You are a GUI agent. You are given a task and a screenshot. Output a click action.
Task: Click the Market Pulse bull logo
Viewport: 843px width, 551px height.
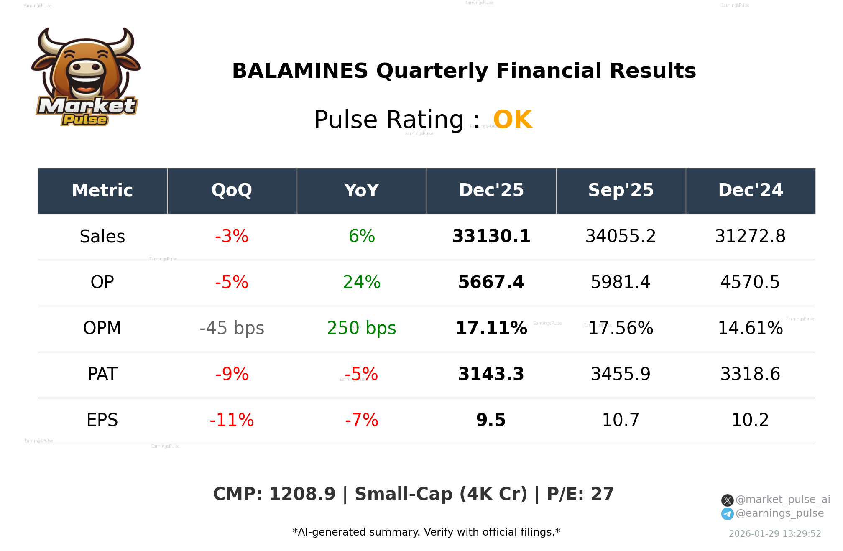point(86,77)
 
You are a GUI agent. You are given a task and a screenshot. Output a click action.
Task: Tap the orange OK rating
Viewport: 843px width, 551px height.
point(513,120)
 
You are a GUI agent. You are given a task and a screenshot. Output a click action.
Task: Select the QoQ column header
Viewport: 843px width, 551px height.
point(232,191)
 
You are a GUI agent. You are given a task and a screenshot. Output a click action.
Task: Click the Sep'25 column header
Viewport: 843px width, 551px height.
point(621,191)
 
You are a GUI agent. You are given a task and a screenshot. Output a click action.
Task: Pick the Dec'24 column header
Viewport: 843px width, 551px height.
point(750,191)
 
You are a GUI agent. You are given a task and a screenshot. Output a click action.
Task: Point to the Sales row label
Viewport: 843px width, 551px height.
point(102,237)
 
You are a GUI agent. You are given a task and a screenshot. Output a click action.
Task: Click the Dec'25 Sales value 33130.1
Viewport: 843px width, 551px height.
point(491,237)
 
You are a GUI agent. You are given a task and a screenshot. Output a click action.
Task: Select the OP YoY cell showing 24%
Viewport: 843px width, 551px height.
point(361,283)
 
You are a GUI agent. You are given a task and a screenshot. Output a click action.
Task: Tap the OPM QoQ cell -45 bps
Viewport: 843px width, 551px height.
point(232,329)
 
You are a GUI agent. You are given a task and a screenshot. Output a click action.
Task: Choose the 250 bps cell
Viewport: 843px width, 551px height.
point(361,329)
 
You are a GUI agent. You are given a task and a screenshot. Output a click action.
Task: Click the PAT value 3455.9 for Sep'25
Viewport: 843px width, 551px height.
point(621,375)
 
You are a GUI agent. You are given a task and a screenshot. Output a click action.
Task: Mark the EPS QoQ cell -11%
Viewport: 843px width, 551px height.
point(232,421)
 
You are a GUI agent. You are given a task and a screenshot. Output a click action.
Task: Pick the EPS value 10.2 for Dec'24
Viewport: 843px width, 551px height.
point(750,421)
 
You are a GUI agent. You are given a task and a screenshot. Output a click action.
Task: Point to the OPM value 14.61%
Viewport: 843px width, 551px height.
point(750,329)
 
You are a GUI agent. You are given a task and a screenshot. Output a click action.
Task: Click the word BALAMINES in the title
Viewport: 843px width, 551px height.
point(300,71)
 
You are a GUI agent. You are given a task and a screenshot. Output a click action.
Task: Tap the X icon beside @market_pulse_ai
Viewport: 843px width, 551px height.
point(727,500)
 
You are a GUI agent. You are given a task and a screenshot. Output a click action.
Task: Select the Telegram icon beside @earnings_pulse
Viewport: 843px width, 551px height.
point(727,514)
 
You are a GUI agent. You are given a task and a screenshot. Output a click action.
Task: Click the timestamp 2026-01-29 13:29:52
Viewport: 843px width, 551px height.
point(774,534)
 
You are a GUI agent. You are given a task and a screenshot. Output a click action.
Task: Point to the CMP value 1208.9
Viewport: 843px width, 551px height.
point(302,494)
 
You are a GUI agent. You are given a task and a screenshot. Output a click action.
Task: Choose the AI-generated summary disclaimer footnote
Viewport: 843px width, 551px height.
point(426,532)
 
